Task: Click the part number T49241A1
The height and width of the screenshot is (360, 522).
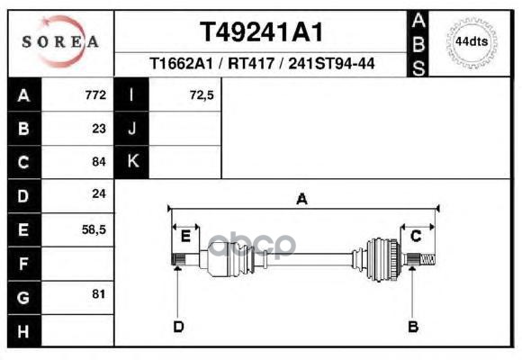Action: click(261, 31)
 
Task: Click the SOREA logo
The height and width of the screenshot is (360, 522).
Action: click(59, 41)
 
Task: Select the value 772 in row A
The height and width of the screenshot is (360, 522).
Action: click(95, 94)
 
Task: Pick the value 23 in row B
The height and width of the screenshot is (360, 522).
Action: click(99, 128)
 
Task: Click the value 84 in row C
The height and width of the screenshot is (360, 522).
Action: click(99, 162)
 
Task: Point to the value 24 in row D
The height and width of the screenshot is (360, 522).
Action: click(99, 193)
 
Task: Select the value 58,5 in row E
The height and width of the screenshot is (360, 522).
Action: click(94, 229)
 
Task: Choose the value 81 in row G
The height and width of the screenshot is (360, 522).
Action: click(99, 294)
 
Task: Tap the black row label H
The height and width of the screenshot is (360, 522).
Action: click(23, 331)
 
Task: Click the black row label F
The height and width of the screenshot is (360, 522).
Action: click(23, 264)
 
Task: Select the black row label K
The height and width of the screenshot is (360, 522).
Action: click(132, 162)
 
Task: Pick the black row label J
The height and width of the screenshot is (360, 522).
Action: click(132, 128)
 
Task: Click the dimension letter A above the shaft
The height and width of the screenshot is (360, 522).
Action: click(301, 200)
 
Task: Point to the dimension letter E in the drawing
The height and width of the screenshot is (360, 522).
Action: click(185, 236)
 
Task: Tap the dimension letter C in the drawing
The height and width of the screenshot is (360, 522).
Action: click(416, 236)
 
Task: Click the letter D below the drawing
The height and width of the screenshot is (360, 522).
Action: click(178, 326)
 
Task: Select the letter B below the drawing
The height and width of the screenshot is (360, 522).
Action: click(413, 326)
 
